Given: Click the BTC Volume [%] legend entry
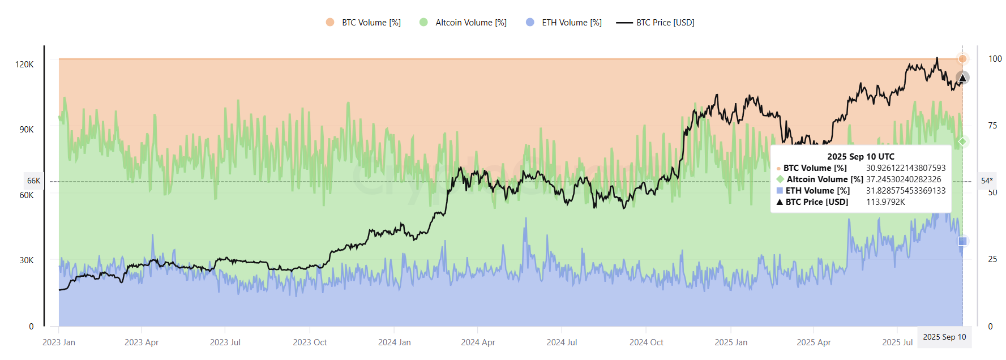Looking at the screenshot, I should (x=363, y=23).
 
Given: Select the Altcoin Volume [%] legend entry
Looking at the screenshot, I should (x=463, y=23).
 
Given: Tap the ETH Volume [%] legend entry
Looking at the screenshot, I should (x=564, y=23).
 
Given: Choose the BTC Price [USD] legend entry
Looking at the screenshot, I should (x=656, y=23).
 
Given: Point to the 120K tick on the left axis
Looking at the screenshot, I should (x=24, y=65).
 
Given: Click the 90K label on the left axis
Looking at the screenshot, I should (x=26, y=130).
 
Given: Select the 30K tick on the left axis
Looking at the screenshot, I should (x=26, y=260).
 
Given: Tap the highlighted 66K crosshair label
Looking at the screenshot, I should (x=33, y=181).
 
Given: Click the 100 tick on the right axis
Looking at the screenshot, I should (x=995, y=59).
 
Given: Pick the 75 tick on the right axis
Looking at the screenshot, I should (x=992, y=126).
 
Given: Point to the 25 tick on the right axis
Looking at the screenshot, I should (x=992, y=259).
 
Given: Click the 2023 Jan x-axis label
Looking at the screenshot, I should (x=59, y=342).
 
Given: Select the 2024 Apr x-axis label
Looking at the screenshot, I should (x=478, y=342).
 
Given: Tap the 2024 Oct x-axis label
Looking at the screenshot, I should (x=646, y=342).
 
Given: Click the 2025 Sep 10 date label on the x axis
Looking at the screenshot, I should (x=944, y=337).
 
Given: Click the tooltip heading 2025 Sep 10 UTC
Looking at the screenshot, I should (x=861, y=157).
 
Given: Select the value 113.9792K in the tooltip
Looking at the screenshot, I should (x=885, y=202).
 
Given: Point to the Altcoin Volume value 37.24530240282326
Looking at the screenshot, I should (x=904, y=179).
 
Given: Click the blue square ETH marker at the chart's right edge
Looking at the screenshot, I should (x=962, y=242).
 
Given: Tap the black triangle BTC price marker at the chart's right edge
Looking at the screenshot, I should (x=962, y=78).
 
